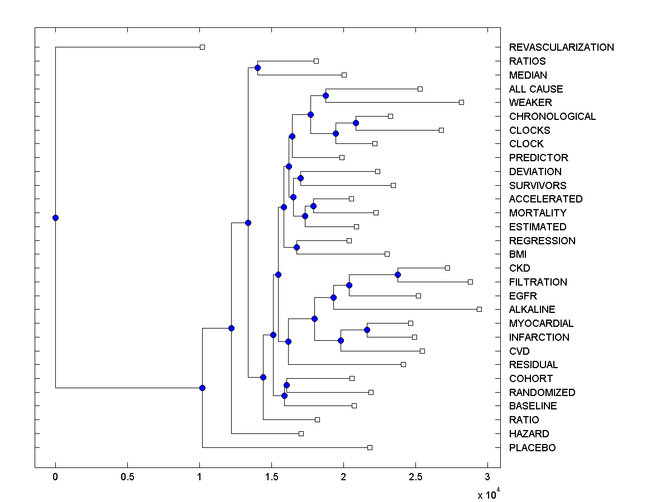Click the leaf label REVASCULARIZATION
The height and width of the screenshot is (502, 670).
point(561,47)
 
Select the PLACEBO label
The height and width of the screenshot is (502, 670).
point(532,448)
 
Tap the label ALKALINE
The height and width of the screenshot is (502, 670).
point(532,310)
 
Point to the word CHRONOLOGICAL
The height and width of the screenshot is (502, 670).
point(552,117)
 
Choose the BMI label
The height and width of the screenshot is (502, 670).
point(518,254)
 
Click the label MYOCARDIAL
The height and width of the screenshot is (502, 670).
point(541,324)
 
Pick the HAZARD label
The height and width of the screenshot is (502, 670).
point(529,434)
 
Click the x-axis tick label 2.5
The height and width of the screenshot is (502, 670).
point(415,477)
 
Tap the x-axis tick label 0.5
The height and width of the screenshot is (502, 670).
point(127,477)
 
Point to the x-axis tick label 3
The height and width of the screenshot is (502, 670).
point(487,477)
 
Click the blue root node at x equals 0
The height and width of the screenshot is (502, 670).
point(55,218)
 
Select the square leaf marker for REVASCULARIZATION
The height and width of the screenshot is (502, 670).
point(203,47)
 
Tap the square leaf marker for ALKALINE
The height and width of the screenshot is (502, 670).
point(479,309)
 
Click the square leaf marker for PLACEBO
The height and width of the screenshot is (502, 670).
point(370,447)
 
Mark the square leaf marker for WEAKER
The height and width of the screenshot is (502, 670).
point(461,102)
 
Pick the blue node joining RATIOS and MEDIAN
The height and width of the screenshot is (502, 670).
point(257,68)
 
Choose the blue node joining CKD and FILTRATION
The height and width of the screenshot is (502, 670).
point(398,274)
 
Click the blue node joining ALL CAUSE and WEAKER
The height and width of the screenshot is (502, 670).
point(326,96)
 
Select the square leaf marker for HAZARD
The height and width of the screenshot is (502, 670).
point(301,433)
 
